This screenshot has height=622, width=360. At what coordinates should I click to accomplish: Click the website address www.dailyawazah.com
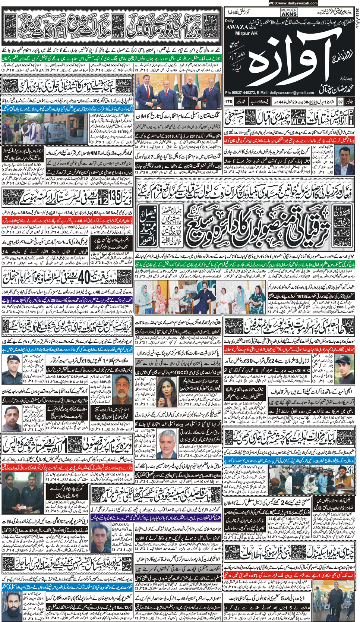click(x=293, y=3)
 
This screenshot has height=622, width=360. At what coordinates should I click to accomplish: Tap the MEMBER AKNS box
click(x=289, y=12)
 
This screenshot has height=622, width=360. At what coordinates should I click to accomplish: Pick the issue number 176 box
click(x=228, y=101)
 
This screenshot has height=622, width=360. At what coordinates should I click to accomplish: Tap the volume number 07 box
click(x=340, y=101)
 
